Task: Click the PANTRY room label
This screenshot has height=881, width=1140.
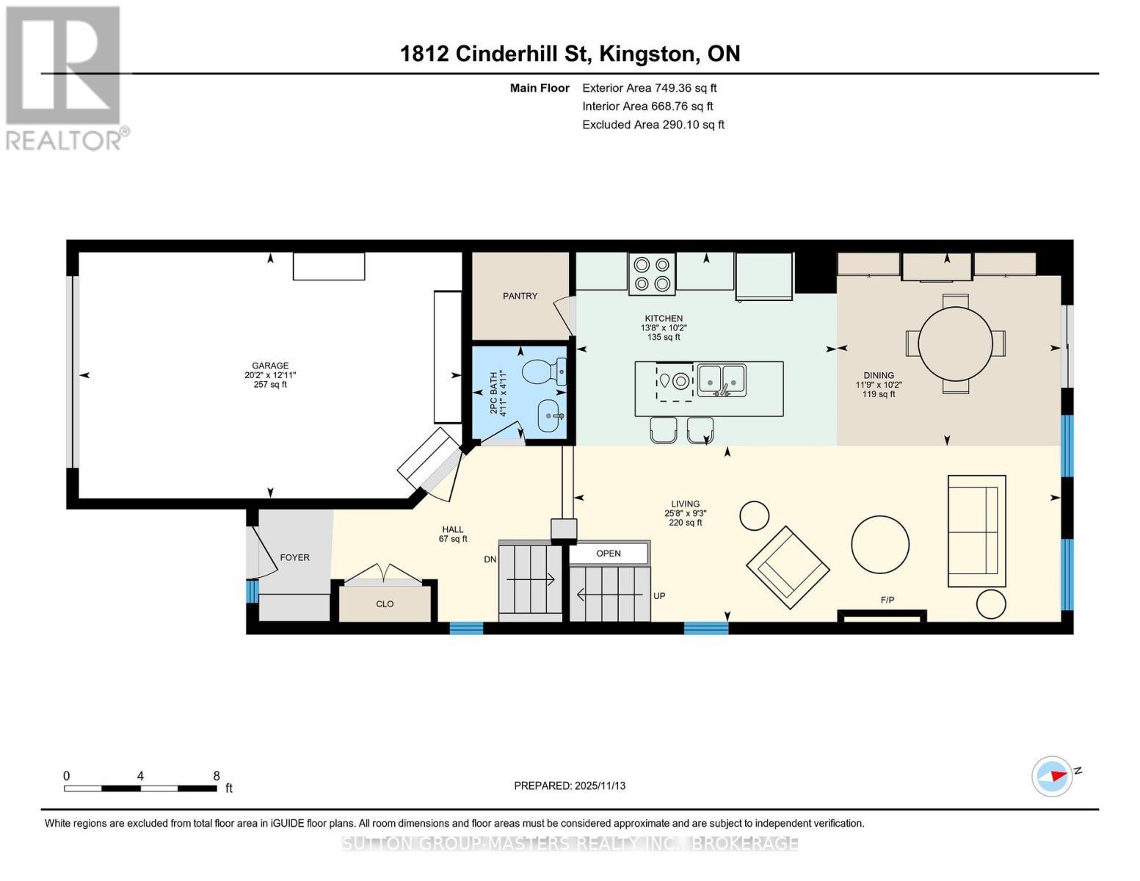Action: [520, 296]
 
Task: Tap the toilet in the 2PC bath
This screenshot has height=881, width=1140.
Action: [544, 372]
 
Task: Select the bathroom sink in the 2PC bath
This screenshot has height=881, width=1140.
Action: [551, 416]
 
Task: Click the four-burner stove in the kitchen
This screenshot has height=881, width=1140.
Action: [652, 274]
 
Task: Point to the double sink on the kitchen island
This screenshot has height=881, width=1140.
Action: [722, 380]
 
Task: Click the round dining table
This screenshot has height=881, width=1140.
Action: [955, 344]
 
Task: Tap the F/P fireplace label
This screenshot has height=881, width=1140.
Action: [887, 600]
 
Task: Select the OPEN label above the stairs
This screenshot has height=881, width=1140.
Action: [608, 554]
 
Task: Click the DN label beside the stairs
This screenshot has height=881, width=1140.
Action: [490, 560]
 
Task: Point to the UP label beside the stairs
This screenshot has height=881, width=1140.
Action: [659, 596]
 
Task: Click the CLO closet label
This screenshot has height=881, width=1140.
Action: [385, 604]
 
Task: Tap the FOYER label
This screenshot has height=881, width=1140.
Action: [294, 558]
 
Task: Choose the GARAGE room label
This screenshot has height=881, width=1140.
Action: [270, 366]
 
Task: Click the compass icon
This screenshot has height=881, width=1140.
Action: [1051, 776]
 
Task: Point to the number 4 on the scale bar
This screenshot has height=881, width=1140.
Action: [140, 775]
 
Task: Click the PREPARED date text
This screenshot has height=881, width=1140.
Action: [569, 786]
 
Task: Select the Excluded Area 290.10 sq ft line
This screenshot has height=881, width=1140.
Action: [653, 125]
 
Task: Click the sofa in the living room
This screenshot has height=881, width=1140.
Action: [976, 531]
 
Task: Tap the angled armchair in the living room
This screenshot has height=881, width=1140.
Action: [788, 568]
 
